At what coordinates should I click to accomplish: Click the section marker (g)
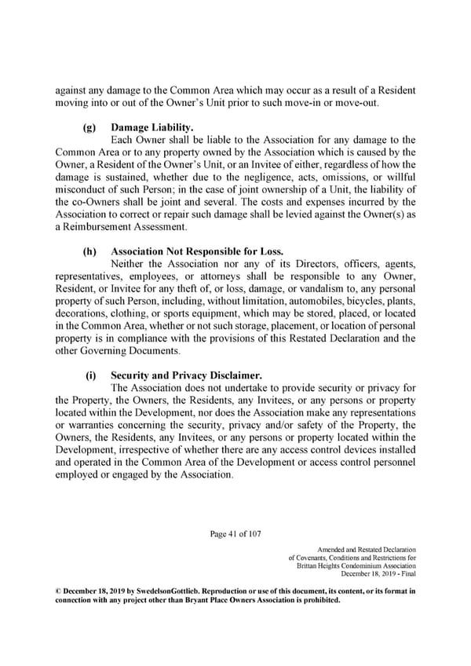[91, 126]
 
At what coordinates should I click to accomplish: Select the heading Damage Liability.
[148, 126]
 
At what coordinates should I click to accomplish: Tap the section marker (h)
[91, 252]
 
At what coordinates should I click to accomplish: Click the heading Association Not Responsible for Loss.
[196, 252]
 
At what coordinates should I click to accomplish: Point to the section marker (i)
[90, 377]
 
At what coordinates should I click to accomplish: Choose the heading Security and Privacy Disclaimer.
[188, 377]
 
